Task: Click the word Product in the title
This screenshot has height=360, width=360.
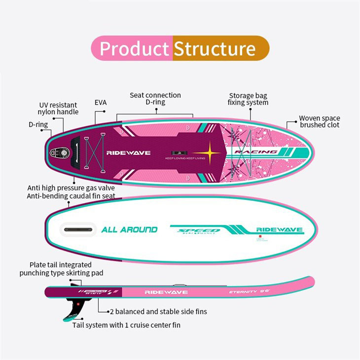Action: coord(134,49)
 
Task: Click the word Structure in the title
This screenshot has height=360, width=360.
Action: coord(215,49)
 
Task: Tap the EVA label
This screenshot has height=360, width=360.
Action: coord(101,103)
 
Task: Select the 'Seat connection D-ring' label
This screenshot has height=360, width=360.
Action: coord(155,99)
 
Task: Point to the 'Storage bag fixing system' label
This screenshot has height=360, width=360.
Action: coord(248,99)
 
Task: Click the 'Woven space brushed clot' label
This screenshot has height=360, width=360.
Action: coord(320,122)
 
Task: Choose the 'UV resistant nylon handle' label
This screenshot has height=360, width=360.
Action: coord(58,108)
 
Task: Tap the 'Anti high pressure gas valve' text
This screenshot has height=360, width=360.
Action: coord(72,187)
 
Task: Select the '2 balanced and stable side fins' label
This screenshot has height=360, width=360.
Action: coord(158,312)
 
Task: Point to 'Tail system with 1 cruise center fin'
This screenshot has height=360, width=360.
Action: coord(130,325)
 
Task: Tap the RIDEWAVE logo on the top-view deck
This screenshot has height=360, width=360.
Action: coord(129,153)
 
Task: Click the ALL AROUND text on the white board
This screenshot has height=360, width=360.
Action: coord(129,229)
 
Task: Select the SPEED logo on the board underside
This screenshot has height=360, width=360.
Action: coord(199,230)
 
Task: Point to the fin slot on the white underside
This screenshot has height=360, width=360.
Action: coord(77,229)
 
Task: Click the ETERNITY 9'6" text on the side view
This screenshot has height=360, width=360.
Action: coord(249,292)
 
